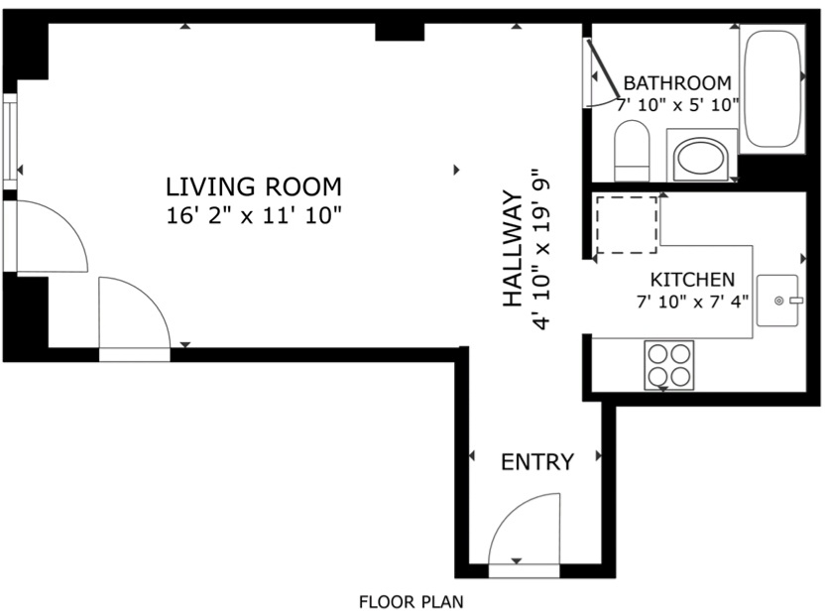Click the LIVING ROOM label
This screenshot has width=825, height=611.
pyautogui.click(x=254, y=187)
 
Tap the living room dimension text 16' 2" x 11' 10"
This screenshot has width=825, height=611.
pyautogui.click(x=254, y=216)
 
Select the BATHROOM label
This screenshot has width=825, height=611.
pyautogui.click(x=677, y=83)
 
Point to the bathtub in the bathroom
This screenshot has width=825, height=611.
pyautogui.click(x=772, y=89)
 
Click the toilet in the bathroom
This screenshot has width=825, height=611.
pyautogui.click(x=632, y=151)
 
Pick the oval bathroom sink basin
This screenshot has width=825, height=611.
pyautogui.click(x=701, y=157)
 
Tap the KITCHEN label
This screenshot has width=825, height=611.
pyautogui.click(x=692, y=280)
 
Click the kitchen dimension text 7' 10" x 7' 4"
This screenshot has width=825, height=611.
pyautogui.click(x=692, y=303)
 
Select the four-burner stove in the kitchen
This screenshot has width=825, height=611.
pyautogui.click(x=668, y=365)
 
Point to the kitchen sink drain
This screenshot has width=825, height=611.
pyautogui.click(x=779, y=301)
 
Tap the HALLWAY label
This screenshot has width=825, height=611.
pyautogui.click(x=513, y=248)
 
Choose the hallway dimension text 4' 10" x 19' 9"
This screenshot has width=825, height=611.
pyautogui.click(x=541, y=248)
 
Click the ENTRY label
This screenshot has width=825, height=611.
pyautogui.click(x=537, y=462)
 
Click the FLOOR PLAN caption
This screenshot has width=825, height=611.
pyautogui.click(x=411, y=601)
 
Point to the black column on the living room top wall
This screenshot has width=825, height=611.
pyautogui.click(x=400, y=32)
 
